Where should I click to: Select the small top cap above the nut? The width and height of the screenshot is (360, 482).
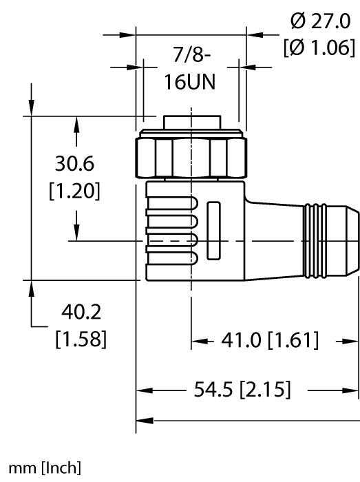[x=190, y=123]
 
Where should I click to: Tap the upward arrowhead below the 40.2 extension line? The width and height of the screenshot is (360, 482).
[x=32, y=289]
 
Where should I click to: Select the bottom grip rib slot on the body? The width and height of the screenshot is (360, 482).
[x=173, y=259]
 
